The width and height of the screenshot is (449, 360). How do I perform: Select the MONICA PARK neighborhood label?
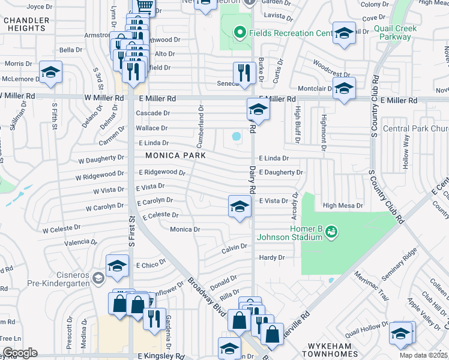(x=175, y=155)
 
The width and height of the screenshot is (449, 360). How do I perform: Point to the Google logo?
(x=20, y=353)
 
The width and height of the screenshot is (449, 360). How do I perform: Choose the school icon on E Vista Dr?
(x=240, y=207)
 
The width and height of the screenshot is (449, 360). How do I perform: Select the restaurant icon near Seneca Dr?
(x=244, y=73)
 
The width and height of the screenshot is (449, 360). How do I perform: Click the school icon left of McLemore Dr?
(x=51, y=73)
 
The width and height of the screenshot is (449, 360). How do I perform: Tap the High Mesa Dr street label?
(x=343, y=205)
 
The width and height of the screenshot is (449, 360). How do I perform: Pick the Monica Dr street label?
(x=185, y=229)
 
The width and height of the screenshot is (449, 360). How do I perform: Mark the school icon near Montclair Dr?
(x=344, y=88)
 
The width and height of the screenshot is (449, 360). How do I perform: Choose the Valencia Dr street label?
(x=80, y=242)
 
